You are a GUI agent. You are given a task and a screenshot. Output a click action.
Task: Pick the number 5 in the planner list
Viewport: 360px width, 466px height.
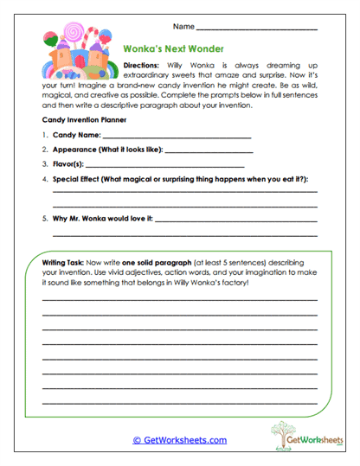click(x=43, y=220)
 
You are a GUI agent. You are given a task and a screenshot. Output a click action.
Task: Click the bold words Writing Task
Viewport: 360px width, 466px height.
click(x=65, y=261)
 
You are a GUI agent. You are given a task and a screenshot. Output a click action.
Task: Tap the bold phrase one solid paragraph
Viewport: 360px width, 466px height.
click(x=155, y=261)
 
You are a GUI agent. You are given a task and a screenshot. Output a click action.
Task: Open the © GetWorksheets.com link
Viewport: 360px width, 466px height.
click(x=179, y=439)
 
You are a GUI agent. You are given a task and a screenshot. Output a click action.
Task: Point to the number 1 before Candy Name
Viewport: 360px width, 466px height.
click(x=43, y=136)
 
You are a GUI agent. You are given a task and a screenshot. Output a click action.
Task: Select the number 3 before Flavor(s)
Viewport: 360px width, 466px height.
click(x=43, y=163)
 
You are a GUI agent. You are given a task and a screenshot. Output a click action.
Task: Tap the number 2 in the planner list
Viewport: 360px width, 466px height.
click(x=43, y=150)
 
